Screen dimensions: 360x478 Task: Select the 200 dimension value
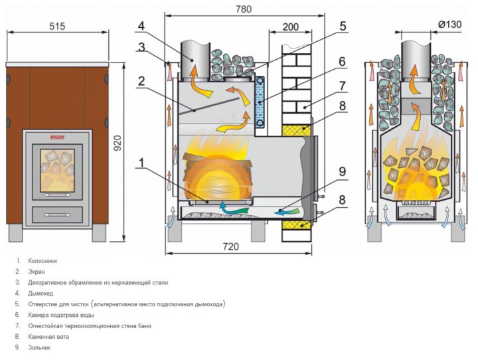(291, 27)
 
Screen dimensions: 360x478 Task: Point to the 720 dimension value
(230, 246)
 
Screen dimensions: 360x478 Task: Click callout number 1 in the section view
(141, 160)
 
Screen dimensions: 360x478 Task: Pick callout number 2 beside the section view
(141, 82)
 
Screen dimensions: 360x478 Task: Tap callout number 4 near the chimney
(141, 27)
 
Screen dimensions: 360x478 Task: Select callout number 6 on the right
(342, 61)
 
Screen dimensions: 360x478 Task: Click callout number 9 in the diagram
(343, 171)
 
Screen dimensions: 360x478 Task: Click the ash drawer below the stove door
(58, 214)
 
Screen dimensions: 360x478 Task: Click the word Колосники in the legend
(42, 260)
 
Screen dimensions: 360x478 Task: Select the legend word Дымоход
(40, 293)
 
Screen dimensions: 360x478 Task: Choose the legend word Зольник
(39, 347)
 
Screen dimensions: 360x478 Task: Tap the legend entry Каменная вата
(48, 337)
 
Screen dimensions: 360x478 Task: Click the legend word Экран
(37, 272)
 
